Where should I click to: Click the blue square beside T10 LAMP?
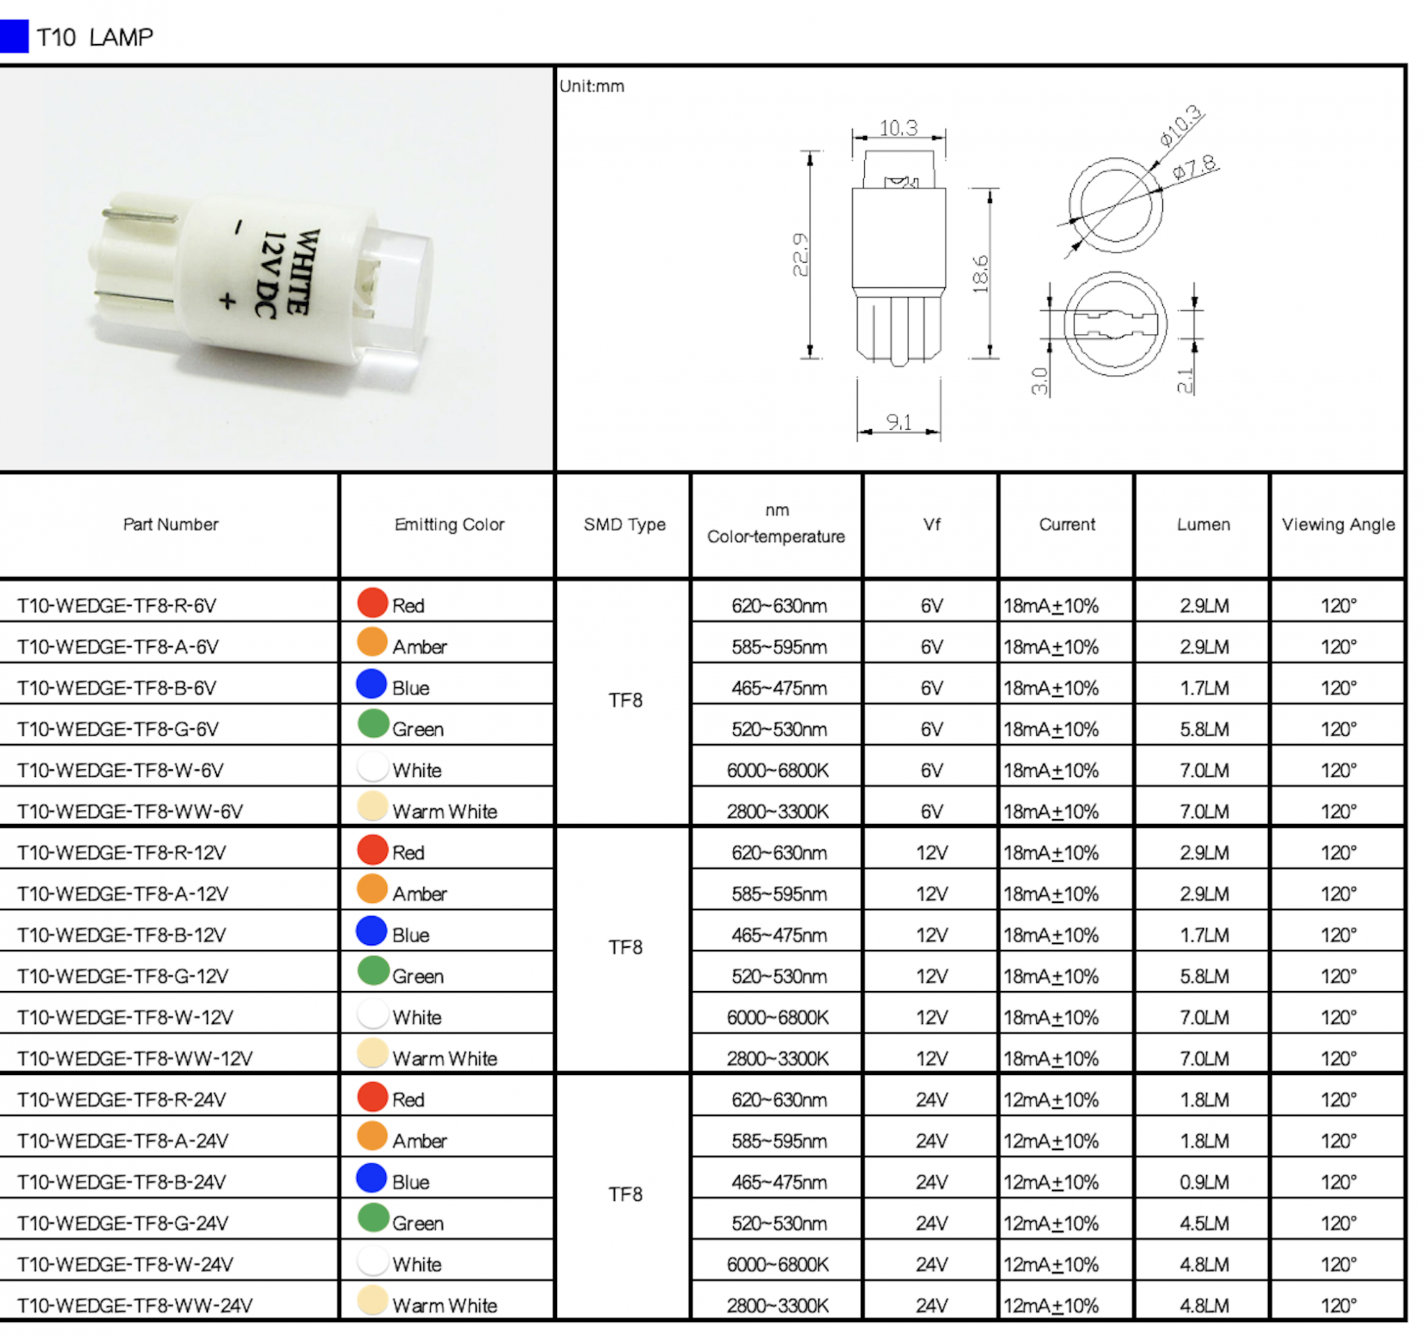[14, 36]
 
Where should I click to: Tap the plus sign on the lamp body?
[227, 301]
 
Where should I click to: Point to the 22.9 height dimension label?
[800, 255]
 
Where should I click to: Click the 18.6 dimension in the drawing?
[980, 273]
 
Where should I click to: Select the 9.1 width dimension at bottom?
[898, 422]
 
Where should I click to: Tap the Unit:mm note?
[592, 86]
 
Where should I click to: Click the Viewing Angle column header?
[1337, 525]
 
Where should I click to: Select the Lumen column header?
[1203, 525]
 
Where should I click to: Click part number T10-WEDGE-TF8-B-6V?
[117, 688]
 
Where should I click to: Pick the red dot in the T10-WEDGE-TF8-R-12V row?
[372, 850]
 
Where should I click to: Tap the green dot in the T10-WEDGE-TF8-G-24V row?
[373, 1218]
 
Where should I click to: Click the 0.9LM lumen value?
[1203, 1182]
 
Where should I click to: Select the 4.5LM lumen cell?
[1203, 1223]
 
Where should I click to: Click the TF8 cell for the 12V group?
[625, 948]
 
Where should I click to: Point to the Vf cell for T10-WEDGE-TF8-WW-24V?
[931, 1305]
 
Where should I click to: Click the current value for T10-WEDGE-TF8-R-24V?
[1051, 1100]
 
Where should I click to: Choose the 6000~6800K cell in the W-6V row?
[777, 771]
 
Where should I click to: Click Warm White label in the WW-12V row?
[444, 1059]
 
